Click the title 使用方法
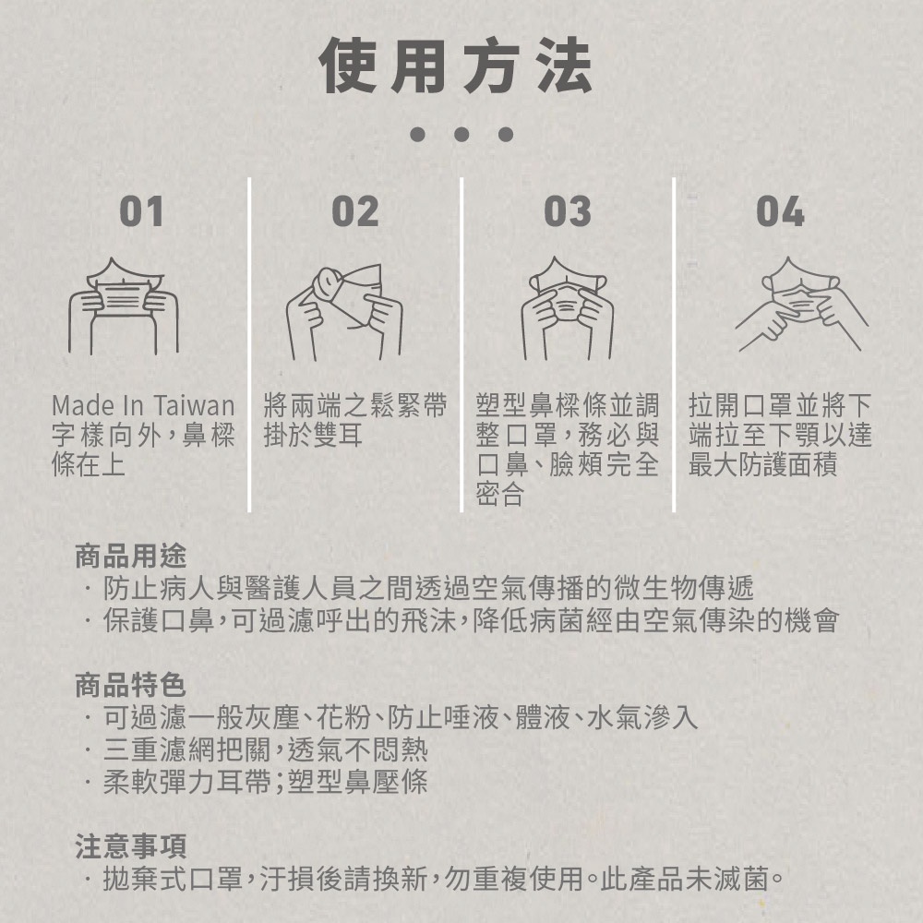coord(456,65)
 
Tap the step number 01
coord(141,211)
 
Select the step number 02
coord(355,211)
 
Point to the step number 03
coord(568,211)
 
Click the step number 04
coord(780,211)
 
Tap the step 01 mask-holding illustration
coord(124,306)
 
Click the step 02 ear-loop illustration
coord(344,312)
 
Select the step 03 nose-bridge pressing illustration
coord(568,308)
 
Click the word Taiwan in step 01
coord(195,406)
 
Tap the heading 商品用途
coord(131,556)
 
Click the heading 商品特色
coord(131,685)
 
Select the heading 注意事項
coord(131,845)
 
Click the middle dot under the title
coord(461,135)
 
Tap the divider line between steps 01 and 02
coord(249,344)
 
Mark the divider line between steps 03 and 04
coord(674,344)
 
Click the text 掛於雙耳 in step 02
coord(313,436)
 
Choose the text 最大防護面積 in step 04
coord(763,465)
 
